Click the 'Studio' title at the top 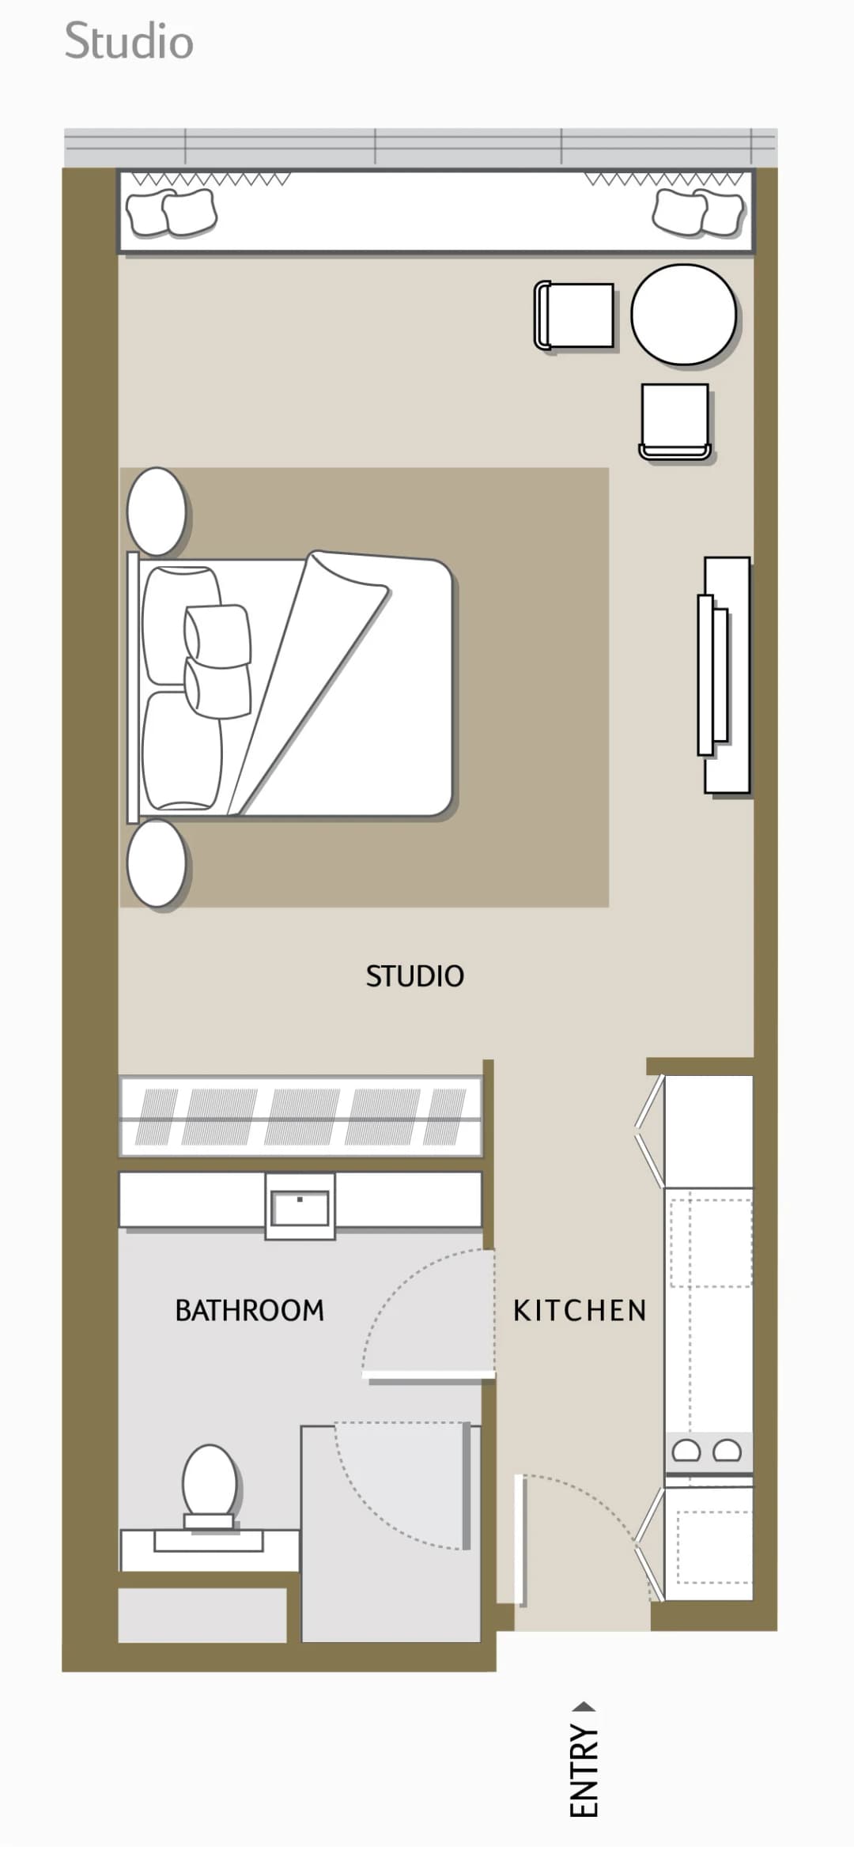coord(129,41)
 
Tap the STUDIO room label coord(414,976)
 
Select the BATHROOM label coord(250,1310)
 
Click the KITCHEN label coord(580,1310)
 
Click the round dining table coord(683,315)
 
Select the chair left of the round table coord(574,315)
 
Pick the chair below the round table coord(675,421)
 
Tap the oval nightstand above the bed coord(157,512)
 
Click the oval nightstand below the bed coord(157,863)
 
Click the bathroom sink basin coord(300,1207)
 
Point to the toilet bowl coord(210,1482)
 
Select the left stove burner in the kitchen coord(686,1450)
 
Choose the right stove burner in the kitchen coord(727,1450)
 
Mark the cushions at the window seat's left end coord(172,213)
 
